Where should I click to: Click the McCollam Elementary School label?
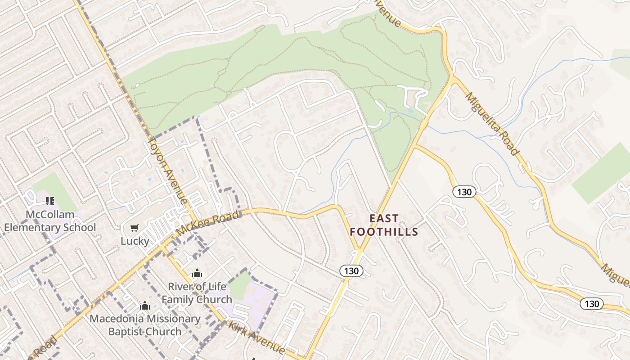(x=50, y=220)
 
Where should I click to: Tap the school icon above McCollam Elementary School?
(x=50, y=201)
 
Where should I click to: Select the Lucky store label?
(x=135, y=241)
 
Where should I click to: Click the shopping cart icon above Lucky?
(x=135, y=228)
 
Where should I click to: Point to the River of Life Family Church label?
(x=197, y=292)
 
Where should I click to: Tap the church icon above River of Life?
(x=197, y=273)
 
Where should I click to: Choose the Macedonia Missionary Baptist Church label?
(x=144, y=325)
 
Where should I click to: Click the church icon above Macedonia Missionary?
(x=144, y=306)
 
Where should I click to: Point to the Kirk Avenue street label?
(x=256, y=337)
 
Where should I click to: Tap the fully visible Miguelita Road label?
(x=491, y=123)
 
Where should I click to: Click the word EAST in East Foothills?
(x=384, y=219)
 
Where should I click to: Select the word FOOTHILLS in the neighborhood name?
(x=384, y=232)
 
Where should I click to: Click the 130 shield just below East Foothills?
(x=351, y=270)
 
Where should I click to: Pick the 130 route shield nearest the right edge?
(x=591, y=304)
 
